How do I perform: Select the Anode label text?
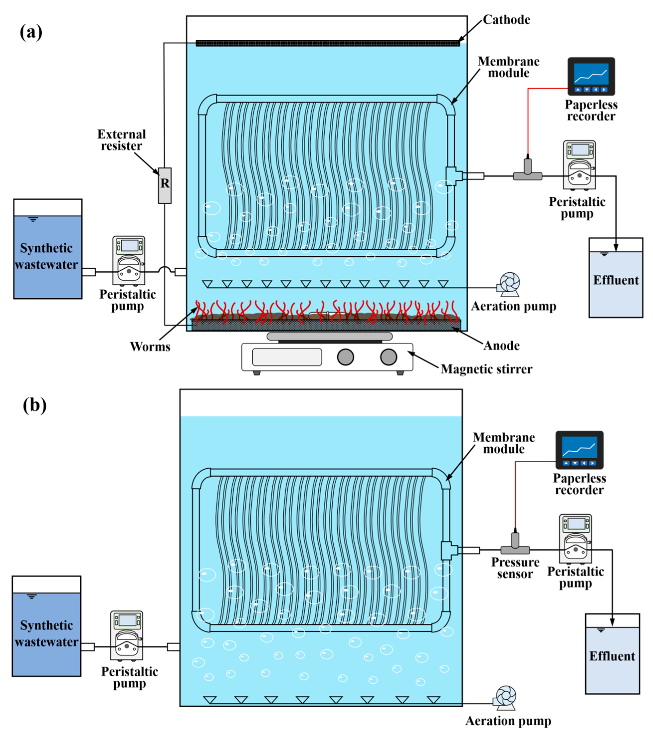coord(501,345)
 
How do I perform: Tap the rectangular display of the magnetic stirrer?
coord(287,357)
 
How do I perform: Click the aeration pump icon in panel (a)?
coord(509,284)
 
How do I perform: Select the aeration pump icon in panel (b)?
coord(505,698)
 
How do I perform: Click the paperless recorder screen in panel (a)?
coord(591,74)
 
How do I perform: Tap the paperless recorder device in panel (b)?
coord(579,449)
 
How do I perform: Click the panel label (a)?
coord(31,32)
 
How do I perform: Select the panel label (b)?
coord(35,405)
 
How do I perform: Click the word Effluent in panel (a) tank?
coord(616,280)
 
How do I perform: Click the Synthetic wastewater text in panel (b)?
coord(47,634)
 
